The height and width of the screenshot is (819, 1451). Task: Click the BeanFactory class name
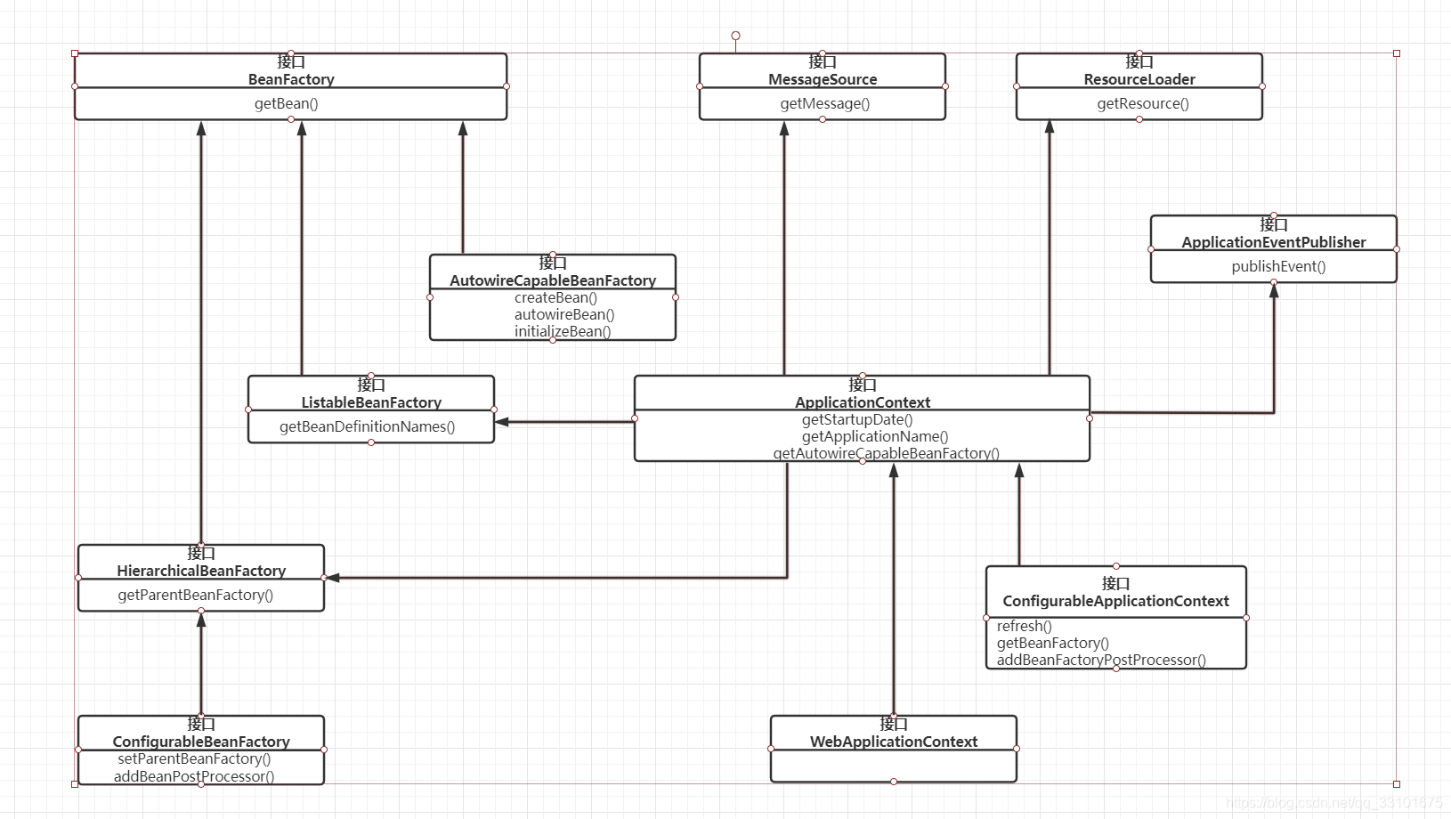pos(291,79)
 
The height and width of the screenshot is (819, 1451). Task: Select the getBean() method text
pos(286,103)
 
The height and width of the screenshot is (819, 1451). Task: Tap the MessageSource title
pos(823,79)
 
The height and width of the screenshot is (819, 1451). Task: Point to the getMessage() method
pos(824,103)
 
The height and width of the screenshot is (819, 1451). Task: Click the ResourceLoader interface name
pos(1139,79)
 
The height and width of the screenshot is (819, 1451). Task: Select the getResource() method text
pos(1142,103)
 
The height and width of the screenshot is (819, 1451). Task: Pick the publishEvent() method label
pos(1277,266)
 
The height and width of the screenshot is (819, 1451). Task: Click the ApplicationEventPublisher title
pos(1273,242)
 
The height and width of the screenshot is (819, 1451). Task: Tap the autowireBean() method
pos(563,314)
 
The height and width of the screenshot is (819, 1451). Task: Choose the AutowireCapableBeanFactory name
pos(552,280)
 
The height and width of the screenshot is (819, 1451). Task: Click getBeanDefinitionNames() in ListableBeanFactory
pos(367,426)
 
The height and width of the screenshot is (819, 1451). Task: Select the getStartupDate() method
pos(856,419)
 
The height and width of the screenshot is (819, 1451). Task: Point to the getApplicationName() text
pos(874,436)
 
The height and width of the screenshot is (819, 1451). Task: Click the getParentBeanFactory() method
pos(195,595)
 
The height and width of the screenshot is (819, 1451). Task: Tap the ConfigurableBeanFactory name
pos(201,742)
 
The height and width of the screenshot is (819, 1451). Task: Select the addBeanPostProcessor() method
pos(193,776)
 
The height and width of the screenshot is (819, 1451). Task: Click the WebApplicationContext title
pos(893,742)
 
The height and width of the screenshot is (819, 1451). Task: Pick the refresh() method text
pos(1024,626)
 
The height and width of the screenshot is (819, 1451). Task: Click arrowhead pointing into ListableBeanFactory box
pos(502,422)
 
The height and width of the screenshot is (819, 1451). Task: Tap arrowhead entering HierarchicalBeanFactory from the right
pos(332,578)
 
